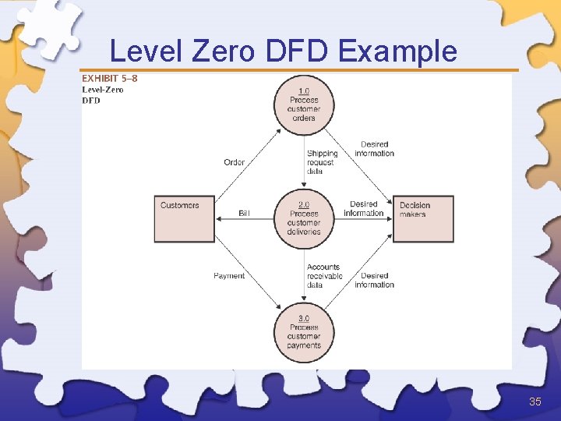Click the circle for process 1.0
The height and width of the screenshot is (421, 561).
304,104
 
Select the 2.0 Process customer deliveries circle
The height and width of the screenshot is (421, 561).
304,218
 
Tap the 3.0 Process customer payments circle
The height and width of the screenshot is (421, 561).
304,332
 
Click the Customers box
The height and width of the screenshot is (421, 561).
184,218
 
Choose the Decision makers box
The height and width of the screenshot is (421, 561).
423,218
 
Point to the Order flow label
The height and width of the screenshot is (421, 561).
235,162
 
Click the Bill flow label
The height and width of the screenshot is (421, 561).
244,213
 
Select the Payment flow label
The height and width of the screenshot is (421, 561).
229,276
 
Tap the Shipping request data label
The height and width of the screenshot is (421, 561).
322,162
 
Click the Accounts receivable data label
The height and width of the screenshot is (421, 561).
324,276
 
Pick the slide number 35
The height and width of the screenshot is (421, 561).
535,402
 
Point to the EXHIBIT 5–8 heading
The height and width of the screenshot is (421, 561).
110,78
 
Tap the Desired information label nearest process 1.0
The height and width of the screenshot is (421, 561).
374,149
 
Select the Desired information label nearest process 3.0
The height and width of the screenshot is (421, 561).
374,280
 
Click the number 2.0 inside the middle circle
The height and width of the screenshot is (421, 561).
304,204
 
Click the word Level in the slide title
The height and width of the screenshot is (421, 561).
143,51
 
